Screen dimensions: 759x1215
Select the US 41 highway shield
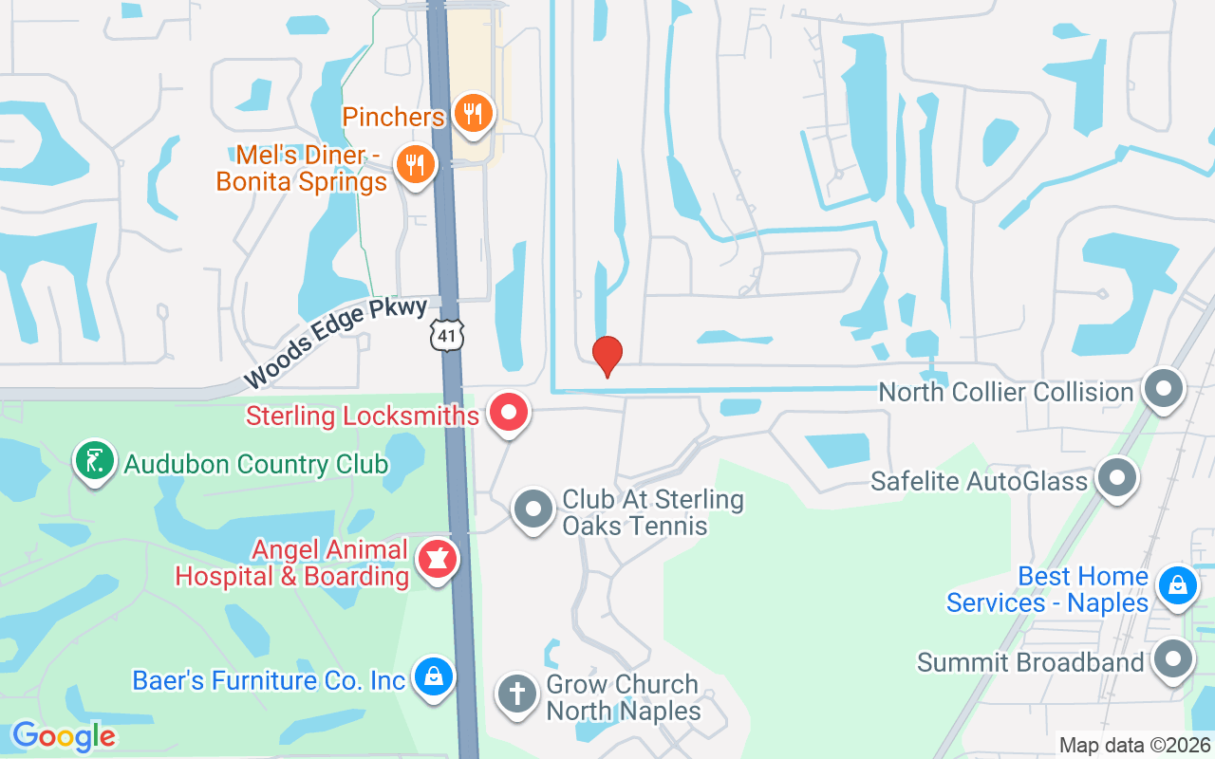click(445, 333)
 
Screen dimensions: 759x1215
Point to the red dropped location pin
click(607, 356)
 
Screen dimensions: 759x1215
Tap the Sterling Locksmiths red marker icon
click(509, 413)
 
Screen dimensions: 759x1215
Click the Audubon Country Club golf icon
click(94, 461)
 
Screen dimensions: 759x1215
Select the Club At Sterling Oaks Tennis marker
click(533, 509)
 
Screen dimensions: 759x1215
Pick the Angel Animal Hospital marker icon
click(438, 560)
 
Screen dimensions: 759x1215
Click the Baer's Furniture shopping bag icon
click(434, 677)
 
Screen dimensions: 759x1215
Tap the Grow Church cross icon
click(517, 694)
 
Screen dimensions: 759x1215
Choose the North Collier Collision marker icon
click(1164, 390)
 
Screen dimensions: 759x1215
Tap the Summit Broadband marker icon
click(1173, 659)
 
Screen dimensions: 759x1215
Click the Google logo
click(64, 736)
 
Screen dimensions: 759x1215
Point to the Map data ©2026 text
click(1135, 746)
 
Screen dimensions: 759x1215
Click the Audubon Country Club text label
click(256, 464)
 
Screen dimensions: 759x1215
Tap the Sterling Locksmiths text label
click(363, 416)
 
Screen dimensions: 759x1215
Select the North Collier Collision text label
click(1006, 392)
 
